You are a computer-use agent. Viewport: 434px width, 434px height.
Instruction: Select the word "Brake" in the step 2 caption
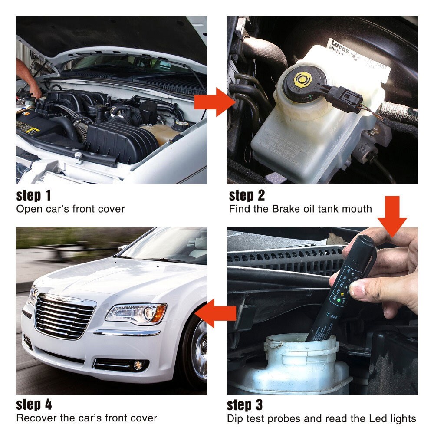(x=287, y=209)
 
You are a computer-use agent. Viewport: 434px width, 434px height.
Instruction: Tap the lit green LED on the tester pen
(x=335, y=299)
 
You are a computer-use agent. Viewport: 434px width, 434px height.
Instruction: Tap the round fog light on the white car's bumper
(x=138, y=365)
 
